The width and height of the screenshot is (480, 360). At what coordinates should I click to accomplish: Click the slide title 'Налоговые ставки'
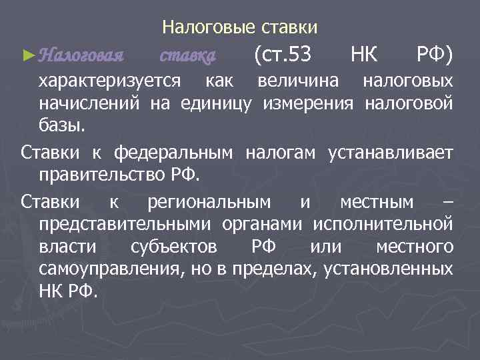240,27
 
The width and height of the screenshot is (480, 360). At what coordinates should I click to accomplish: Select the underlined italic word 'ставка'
189,54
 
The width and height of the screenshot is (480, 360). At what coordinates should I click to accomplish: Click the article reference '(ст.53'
283,53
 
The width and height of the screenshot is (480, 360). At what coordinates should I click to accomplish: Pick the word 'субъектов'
173,247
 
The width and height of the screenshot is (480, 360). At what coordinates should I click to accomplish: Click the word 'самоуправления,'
111,269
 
